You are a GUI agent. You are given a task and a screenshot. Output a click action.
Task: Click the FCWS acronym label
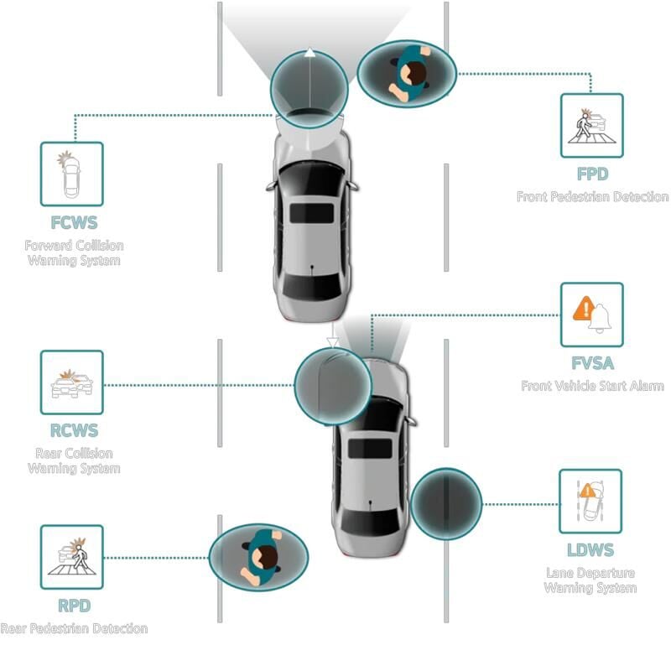74,223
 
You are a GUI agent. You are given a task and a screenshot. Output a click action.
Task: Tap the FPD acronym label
592,174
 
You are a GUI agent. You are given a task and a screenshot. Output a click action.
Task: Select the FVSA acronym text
592,363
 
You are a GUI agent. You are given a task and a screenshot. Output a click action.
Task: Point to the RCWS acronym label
74,431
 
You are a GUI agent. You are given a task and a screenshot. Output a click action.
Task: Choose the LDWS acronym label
590,550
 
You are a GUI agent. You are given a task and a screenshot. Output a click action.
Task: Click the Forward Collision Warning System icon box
72,174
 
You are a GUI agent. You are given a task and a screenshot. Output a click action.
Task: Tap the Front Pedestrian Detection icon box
592,126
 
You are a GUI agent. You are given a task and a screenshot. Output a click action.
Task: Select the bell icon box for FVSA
592,315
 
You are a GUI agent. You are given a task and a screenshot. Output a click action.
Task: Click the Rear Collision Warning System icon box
72,382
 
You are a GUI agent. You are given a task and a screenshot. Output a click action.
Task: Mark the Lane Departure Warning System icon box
590,502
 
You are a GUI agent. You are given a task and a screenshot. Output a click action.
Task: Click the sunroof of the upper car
311,211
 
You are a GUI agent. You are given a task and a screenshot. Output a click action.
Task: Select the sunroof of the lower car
369,449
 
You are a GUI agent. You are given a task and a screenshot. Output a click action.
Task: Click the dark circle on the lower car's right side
445,503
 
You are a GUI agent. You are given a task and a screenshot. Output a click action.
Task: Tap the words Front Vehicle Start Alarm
592,386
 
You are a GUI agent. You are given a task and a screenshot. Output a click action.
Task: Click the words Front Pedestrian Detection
592,197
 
